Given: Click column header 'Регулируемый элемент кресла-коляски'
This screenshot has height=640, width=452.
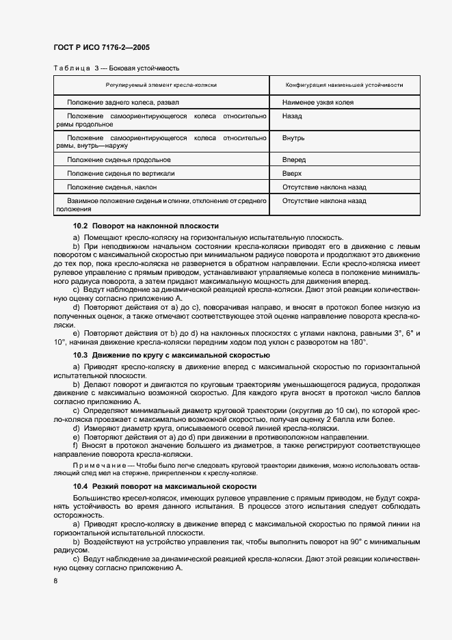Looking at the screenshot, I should [161, 85].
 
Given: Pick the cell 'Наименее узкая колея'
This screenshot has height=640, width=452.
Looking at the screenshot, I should [317, 102].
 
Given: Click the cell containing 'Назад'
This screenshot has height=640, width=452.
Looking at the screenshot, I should [292, 116].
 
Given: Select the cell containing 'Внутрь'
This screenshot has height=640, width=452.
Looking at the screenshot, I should [293, 137].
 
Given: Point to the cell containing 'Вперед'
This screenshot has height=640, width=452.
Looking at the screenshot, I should [293, 159].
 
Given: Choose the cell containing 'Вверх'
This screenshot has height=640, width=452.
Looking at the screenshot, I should [292, 173].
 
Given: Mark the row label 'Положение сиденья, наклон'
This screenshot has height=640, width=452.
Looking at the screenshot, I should [111, 187].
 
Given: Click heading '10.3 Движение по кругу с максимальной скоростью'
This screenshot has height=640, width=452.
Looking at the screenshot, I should [171, 356].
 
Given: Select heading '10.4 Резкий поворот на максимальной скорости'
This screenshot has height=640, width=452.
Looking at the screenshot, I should [165, 486].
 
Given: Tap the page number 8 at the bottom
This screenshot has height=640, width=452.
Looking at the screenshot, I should [55, 581].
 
